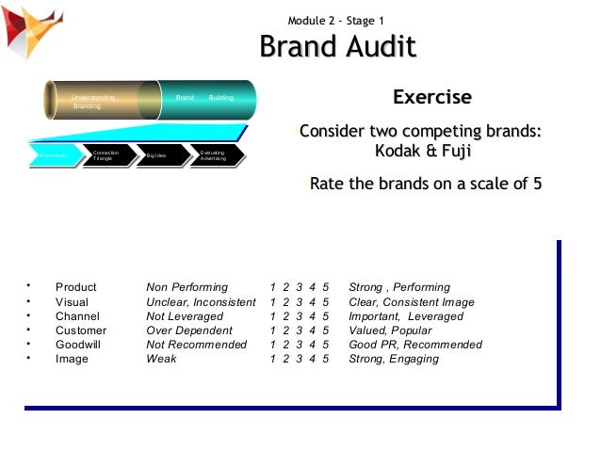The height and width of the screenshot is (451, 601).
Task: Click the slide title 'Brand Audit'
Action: pos(337,48)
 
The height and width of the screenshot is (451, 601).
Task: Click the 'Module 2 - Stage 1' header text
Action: pos(336,21)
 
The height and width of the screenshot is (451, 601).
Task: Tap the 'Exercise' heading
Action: pos(431,98)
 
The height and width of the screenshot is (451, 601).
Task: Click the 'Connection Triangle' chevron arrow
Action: pos(104,155)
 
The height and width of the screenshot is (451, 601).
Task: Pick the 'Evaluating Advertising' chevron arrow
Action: pos(213,155)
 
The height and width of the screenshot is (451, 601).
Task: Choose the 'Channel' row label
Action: pos(77,316)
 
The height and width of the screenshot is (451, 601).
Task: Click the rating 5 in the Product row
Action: pos(325,287)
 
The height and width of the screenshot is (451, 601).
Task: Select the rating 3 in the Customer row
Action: pos(299,330)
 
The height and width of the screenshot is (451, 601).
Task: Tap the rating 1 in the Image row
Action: pos(272,359)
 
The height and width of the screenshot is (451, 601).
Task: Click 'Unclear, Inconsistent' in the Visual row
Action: pos(201,302)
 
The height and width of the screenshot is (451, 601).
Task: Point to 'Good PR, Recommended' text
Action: pos(414,345)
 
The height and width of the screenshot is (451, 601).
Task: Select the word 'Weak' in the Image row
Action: pos(161,359)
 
